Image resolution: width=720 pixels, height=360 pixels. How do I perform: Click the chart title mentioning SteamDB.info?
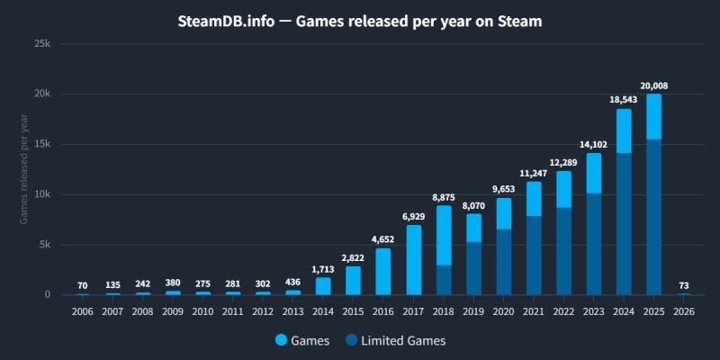(x=359, y=22)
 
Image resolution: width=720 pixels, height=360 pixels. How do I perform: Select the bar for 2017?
(x=414, y=260)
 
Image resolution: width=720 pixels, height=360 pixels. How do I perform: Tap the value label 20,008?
(x=653, y=86)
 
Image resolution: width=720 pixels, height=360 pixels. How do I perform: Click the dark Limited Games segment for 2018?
(x=444, y=280)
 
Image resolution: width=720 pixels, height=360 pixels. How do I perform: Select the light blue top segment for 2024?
(x=624, y=131)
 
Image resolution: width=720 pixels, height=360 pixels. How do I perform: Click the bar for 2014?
(x=323, y=286)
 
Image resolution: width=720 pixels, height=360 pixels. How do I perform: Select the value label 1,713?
(x=323, y=270)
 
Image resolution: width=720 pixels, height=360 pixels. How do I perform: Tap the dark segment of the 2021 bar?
(x=534, y=256)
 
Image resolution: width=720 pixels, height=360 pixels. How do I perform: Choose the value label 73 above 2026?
(x=683, y=285)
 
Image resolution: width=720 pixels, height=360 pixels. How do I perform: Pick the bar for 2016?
(x=383, y=272)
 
